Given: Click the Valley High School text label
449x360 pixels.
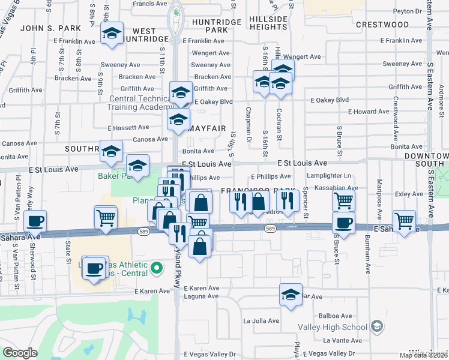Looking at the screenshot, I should (333, 327).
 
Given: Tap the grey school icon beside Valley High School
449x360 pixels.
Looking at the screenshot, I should (376, 326).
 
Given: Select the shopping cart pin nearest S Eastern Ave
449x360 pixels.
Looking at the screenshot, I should (404, 220).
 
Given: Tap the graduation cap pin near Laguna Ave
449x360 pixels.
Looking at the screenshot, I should (291, 295).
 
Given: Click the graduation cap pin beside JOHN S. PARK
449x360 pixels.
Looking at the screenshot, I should (112, 34).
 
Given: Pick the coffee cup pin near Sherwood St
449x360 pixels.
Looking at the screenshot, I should (35, 220).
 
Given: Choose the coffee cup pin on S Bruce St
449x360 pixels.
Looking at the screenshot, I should (343, 223).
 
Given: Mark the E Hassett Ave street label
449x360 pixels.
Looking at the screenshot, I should (128, 127).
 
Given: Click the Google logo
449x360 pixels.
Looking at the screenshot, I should (20, 353).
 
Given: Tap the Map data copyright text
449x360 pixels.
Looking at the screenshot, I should (423, 355).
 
